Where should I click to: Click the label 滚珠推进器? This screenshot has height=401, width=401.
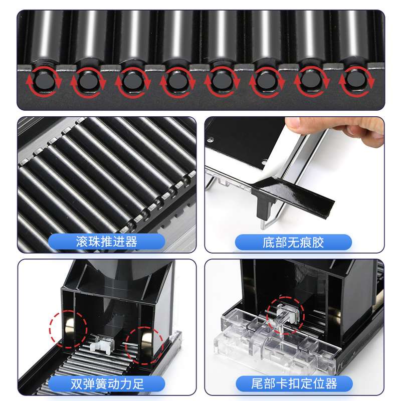tap(106, 242)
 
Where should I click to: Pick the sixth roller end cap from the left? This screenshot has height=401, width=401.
tap(266, 80)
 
